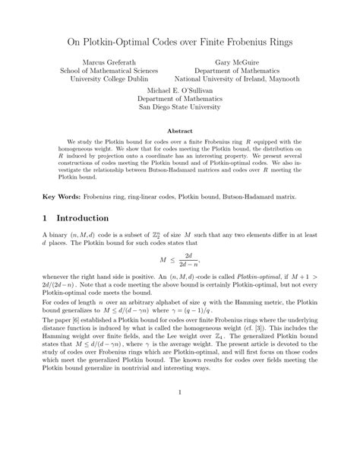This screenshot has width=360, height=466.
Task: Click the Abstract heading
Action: coord(179,131)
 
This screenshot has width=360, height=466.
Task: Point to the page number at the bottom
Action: coord(180,414)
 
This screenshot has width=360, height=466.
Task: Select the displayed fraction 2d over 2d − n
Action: coord(188,260)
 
